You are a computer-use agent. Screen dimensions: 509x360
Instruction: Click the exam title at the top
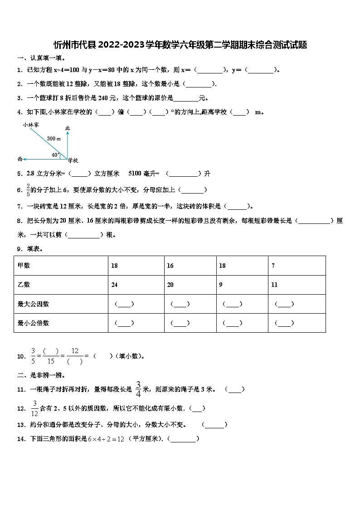point(180,45)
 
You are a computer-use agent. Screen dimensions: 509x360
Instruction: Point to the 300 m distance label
point(54,139)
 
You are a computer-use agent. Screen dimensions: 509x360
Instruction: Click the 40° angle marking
point(55,155)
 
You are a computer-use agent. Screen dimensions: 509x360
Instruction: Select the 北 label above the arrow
point(68,128)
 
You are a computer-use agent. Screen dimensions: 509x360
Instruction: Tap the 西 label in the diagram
point(19,159)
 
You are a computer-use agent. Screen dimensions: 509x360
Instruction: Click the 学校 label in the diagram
point(73,160)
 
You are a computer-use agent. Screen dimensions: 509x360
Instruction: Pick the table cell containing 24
point(114,285)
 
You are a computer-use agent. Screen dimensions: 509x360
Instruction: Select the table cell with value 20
point(170,285)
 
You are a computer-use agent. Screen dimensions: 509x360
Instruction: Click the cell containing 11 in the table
point(274,285)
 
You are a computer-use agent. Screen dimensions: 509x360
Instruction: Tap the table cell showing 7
point(273,266)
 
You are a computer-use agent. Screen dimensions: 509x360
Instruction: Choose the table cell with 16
point(170,266)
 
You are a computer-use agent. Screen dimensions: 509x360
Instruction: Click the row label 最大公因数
point(33,304)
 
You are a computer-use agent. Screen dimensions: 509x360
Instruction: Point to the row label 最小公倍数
point(33,323)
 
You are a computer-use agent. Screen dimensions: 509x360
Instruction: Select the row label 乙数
point(24,285)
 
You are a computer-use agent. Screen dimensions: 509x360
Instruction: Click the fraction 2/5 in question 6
point(28,190)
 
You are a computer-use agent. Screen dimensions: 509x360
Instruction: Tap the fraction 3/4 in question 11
point(138,389)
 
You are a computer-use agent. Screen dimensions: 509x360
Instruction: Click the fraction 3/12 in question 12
point(34,408)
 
